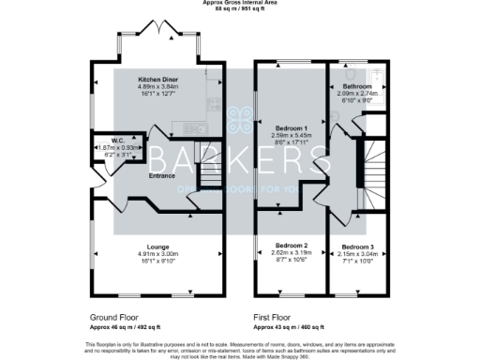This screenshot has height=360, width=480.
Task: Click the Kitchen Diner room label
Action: [x=158, y=80]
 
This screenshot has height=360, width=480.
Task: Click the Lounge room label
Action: [x=158, y=247]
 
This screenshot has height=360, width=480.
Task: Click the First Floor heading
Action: [x=277, y=317]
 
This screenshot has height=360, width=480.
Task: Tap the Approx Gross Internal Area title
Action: [x=239, y=4]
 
